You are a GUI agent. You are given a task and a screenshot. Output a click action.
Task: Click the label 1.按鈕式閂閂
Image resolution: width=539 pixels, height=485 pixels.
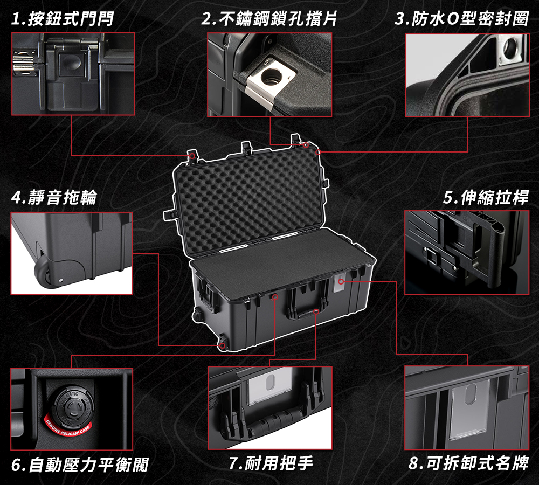(x=62, y=18)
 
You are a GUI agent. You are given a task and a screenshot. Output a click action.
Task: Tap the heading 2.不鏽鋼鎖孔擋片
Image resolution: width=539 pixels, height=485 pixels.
(x=269, y=18)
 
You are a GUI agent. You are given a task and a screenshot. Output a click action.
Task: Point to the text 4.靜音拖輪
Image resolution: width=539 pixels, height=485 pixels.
(x=54, y=197)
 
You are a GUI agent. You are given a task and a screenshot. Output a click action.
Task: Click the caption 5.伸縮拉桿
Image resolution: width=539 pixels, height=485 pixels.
(x=486, y=197)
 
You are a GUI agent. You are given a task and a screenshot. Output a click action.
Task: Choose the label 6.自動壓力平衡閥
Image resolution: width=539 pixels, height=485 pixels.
(x=80, y=465)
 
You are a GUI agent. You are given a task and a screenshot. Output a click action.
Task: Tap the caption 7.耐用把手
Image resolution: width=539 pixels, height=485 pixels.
(x=271, y=463)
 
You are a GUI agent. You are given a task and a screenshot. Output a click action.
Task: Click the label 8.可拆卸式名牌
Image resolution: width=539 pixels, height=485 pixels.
(x=468, y=463)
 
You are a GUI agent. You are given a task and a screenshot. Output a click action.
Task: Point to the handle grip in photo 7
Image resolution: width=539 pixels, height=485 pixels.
(x=272, y=420)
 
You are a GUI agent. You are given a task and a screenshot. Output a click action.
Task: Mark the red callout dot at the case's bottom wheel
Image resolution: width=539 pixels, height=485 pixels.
(x=223, y=345)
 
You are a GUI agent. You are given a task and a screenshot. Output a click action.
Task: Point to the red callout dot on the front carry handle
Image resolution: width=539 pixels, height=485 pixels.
(x=316, y=311)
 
